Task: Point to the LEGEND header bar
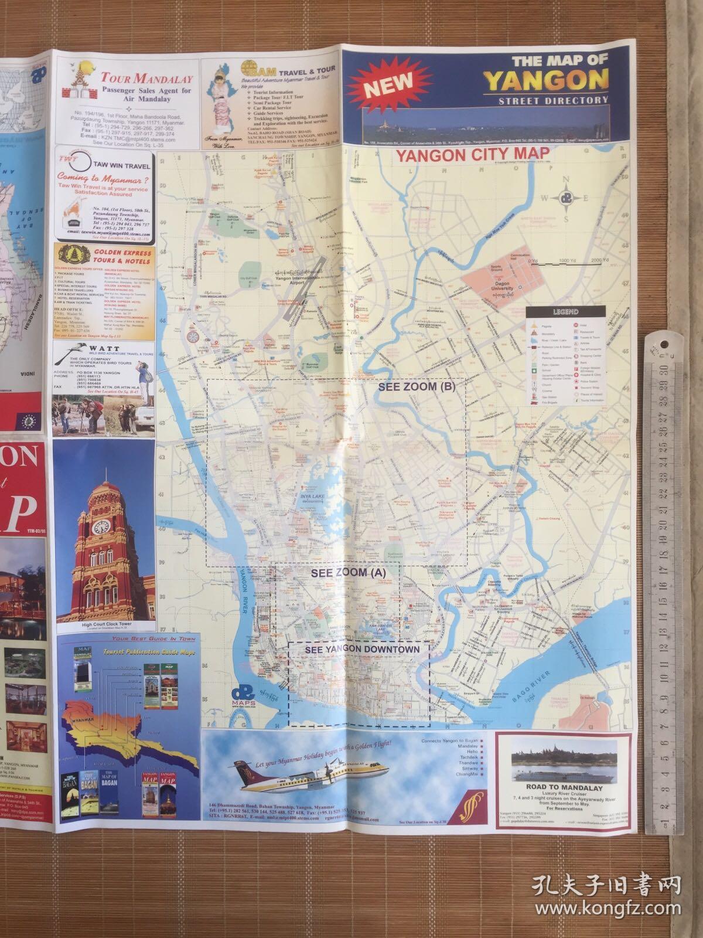[x=565, y=312]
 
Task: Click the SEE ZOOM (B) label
[x=417, y=387]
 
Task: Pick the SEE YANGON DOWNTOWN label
[x=363, y=649]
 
